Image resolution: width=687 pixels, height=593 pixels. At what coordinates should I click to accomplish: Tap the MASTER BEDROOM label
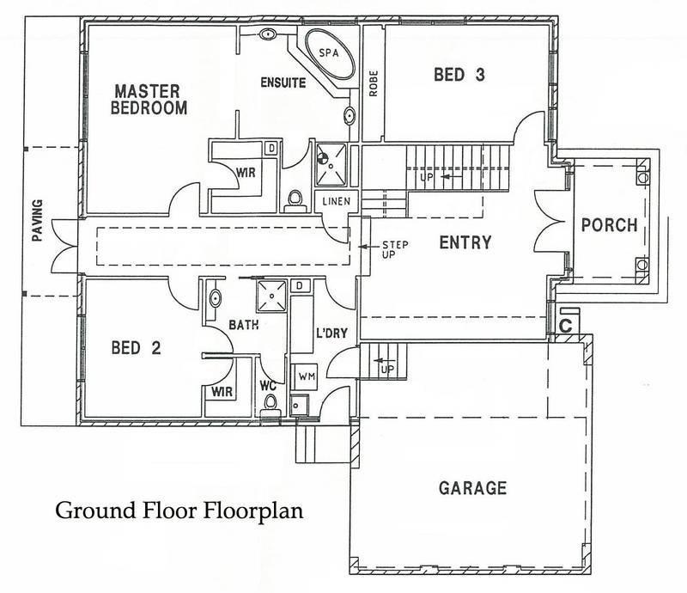(152, 99)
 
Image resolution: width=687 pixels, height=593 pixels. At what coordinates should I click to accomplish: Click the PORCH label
(609, 226)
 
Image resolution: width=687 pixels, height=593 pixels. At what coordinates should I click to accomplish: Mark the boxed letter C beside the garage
(566, 325)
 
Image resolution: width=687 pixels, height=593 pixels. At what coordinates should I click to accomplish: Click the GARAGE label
(472, 488)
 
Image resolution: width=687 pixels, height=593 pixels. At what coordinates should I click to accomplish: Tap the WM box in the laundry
(306, 376)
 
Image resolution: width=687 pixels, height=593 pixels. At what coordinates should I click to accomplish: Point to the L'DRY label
(330, 334)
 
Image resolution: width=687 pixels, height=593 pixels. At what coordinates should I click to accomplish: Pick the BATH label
(244, 327)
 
